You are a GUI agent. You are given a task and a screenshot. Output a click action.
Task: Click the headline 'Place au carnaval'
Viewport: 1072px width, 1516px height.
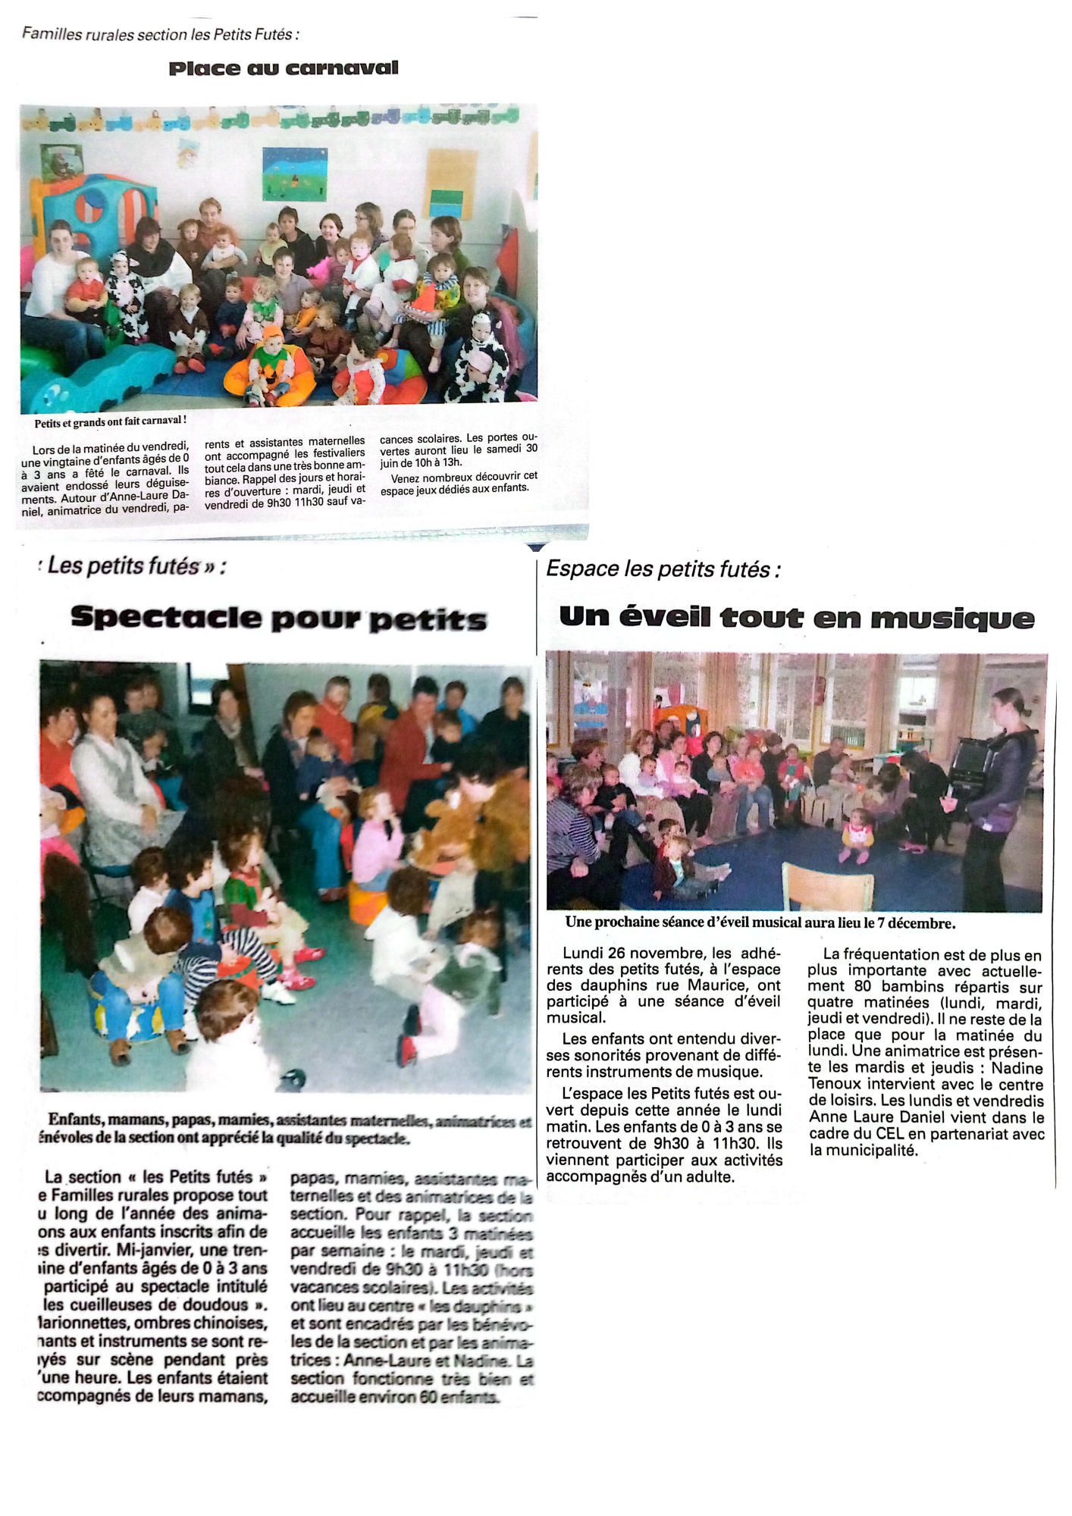tap(283, 68)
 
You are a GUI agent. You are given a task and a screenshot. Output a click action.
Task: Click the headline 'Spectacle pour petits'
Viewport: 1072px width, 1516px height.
tap(278, 619)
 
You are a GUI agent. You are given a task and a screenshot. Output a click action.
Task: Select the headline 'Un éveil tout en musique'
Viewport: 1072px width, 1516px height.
tap(796, 618)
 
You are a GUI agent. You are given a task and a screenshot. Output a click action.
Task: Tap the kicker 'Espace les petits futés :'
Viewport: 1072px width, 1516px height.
tap(663, 569)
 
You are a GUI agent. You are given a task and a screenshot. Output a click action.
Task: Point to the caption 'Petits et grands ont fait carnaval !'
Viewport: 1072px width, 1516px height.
tap(110, 421)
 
